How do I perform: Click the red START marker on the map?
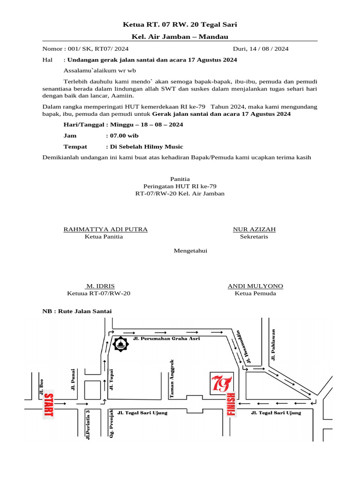pos(49,405)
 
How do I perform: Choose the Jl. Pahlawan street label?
pos(273,345)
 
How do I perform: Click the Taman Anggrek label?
pos(172,380)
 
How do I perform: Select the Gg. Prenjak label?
pos(112,424)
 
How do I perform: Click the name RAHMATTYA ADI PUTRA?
pos(105,229)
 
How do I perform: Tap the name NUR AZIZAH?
pos(254,229)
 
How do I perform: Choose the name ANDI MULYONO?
pos(255,286)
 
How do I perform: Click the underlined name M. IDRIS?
pos(99,286)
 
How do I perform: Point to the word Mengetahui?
pos(191,251)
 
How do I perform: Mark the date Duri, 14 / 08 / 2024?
pos(261,48)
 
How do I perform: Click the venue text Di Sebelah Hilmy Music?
pos(146,147)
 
